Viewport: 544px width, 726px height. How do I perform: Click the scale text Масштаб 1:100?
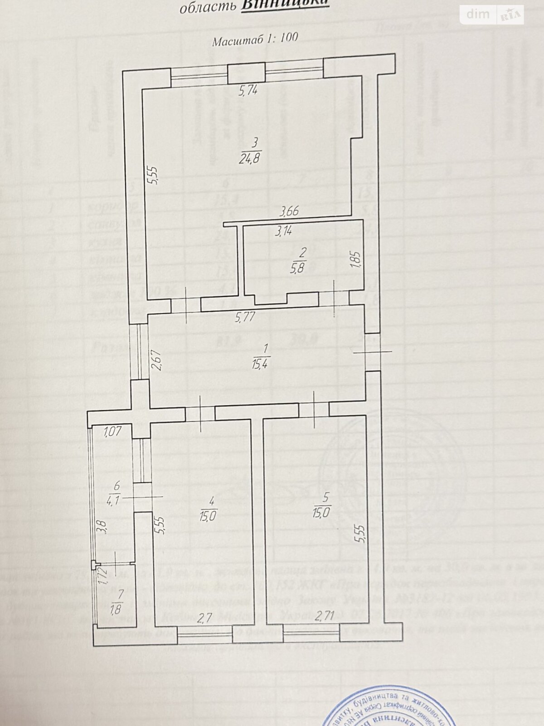coord(255,39)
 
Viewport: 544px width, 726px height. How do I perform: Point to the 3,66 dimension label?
coord(289,211)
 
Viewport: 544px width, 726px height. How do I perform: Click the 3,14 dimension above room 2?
coord(284,231)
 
